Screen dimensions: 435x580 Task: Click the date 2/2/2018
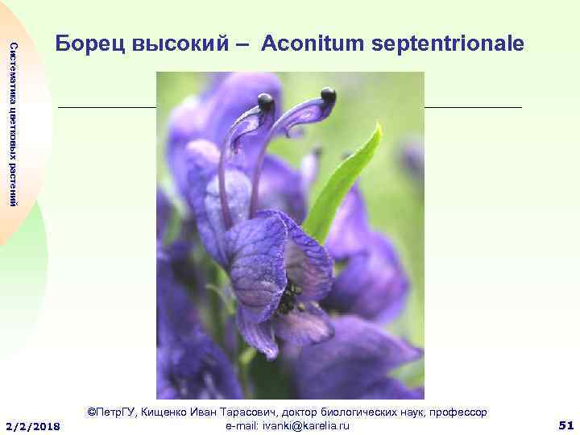[32, 425]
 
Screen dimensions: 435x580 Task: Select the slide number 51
[565, 425]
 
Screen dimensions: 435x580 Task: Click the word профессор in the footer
[457, 412]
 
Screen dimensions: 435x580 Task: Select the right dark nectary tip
[328, 96]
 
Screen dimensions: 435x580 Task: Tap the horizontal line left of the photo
[106, 106]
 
